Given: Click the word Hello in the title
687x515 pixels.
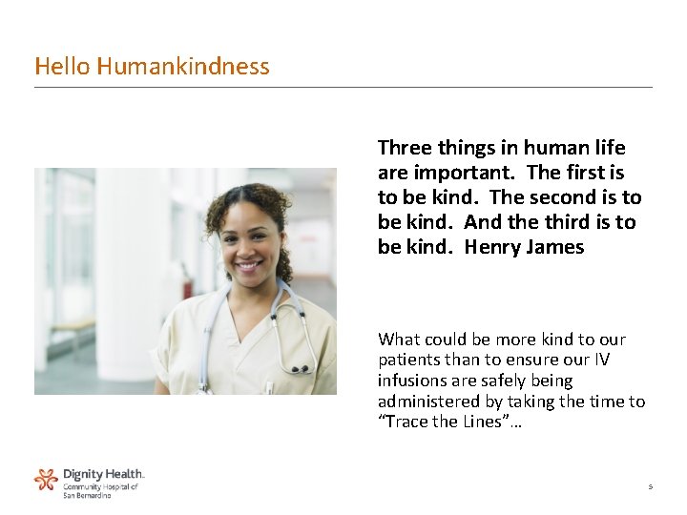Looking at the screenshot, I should coord(62,66).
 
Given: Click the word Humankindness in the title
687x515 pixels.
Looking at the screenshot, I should coord(182,66).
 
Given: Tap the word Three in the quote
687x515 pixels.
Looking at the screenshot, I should coord(405,148).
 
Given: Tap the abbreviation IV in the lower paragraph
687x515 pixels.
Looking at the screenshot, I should coord(603,360).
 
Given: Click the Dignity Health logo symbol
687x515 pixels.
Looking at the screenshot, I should coord(46,479).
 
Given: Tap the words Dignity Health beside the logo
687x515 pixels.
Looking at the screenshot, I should coord(103,474).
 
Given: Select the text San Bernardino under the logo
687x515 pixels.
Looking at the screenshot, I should coord(87,495).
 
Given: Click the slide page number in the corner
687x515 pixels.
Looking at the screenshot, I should coord(650,486).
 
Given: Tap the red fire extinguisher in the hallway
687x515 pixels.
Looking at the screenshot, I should coord(188,285).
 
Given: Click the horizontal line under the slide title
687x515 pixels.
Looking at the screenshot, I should coord(343,88).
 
